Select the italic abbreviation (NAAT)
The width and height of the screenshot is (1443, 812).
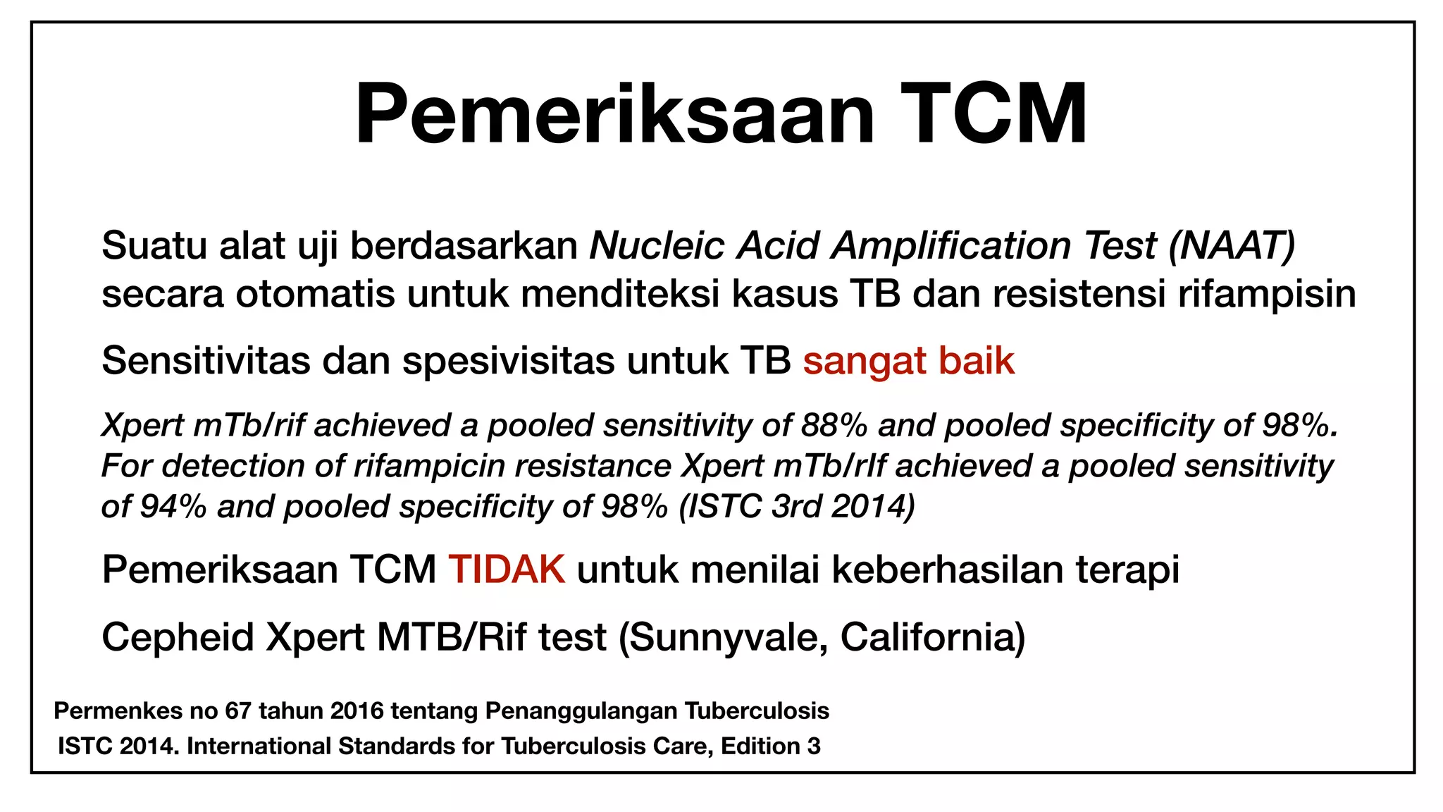click(1232, 246)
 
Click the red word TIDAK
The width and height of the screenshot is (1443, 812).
click(507, 570)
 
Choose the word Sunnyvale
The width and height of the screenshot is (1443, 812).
click(723, 639)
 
